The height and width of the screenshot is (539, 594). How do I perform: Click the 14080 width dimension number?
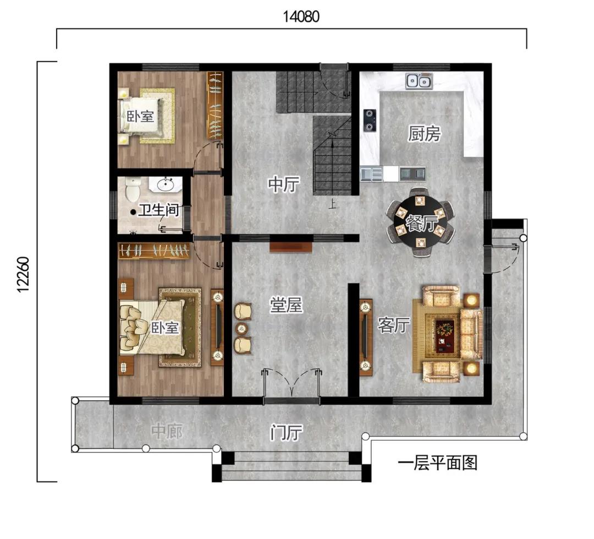pos(301,17)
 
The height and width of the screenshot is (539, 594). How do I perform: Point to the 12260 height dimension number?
pos(23,274)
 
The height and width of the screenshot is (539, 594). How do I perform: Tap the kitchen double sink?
pos(419,81)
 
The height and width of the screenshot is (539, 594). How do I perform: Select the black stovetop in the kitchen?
pos(370,120)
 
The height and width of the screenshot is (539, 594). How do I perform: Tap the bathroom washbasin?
pos(166,185)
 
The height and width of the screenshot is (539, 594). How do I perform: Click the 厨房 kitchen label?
pos(424,134)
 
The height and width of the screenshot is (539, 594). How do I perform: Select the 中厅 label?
pos(284,184)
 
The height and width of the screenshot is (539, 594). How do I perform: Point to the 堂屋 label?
pos(286,305)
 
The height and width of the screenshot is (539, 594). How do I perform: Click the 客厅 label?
pos(394,325)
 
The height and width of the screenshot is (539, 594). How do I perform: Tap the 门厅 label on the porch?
pos(286,432)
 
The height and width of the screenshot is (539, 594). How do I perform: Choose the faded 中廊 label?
pos(167,432)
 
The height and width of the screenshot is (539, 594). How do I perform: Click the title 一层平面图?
pos(438,463)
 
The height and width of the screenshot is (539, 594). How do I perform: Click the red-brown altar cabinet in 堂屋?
pos(290,247)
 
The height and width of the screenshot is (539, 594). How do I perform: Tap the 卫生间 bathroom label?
pos(158,210)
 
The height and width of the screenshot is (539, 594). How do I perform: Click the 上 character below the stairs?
pos(332,205)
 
